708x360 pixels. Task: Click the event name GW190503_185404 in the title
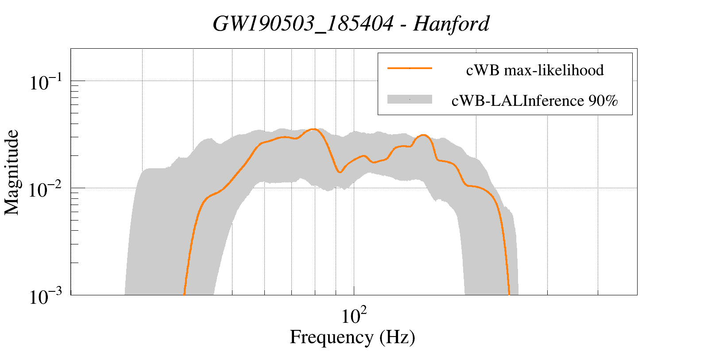303,24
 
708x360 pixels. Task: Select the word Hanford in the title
451,24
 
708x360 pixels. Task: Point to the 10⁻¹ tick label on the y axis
46,82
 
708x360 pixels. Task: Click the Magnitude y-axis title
12,172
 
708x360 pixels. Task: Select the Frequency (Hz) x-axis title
352,337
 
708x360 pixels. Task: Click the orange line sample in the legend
410,68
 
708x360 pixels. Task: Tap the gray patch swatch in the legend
410,100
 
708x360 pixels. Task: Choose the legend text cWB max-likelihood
535,70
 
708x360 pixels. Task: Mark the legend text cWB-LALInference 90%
534,101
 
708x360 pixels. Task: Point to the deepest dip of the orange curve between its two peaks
340,172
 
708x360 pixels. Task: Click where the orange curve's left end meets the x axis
184,294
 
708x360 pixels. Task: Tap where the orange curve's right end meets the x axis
509,294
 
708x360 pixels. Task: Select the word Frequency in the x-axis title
331,337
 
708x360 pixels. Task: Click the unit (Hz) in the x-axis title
397,337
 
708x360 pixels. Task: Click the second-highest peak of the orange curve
424,135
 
